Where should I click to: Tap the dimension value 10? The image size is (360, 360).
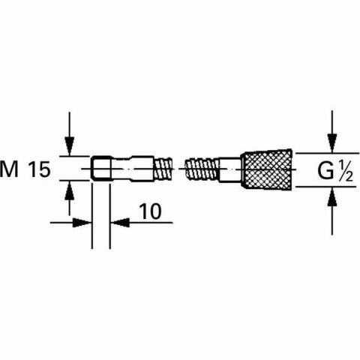coord(151,212)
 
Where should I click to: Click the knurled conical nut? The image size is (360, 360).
coord(266,170)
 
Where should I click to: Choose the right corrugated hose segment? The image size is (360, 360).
coord(202,169)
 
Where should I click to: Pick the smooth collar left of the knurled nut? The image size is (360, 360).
coord(230,169)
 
